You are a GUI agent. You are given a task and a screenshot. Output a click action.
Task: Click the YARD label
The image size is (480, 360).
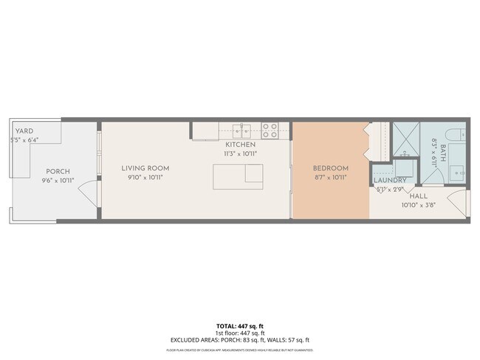pyautogui.click(x=24, y=131)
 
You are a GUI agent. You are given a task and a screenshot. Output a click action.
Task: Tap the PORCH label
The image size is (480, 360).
pyautogui.click(x=58, y=171)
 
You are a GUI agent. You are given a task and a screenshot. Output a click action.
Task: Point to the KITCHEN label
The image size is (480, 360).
pyautogui.click(x=241, y=145)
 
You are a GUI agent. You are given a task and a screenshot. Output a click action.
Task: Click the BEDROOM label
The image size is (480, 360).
pyautogui.click(x=329, y=168)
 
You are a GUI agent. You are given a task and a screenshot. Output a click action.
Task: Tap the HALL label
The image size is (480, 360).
pyautogui.click(x=418, y=196)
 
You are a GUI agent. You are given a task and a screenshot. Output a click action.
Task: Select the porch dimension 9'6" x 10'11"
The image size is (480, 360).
pyautogui.click(x=58, y=179)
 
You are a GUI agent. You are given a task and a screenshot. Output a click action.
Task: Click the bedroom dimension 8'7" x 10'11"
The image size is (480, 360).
pyautogui.click(x=329, y=177)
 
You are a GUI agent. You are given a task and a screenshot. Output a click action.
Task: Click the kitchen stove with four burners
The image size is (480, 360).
pyautogui.click(x=270, y=131)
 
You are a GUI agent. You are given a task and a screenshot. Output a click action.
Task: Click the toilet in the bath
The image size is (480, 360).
pyautogui.click(x=457, y=136)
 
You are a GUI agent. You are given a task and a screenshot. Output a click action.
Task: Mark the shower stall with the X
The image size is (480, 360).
pyautogui.click(x=405, y=136)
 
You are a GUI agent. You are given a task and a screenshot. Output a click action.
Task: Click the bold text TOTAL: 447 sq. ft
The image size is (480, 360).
pyautogui.click(x=239, y=325)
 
